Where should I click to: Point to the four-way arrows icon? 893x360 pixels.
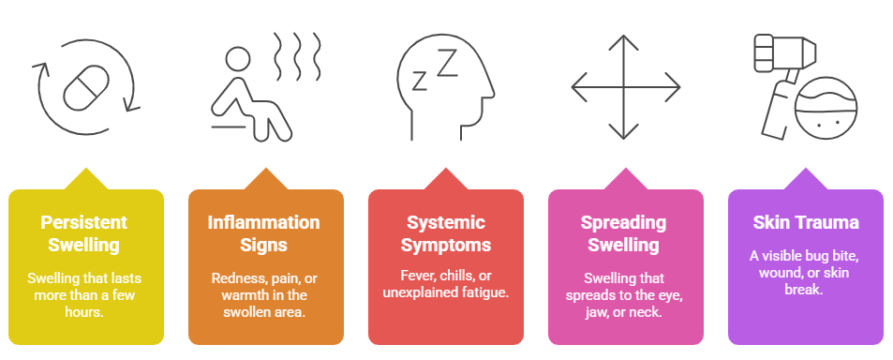click(x=626, y=89)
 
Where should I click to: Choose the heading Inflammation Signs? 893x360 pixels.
click(x=264, y=234)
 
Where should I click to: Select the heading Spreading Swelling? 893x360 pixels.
click(x=625, y=234)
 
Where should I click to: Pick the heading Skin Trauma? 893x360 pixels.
click(x=805, y=223)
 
